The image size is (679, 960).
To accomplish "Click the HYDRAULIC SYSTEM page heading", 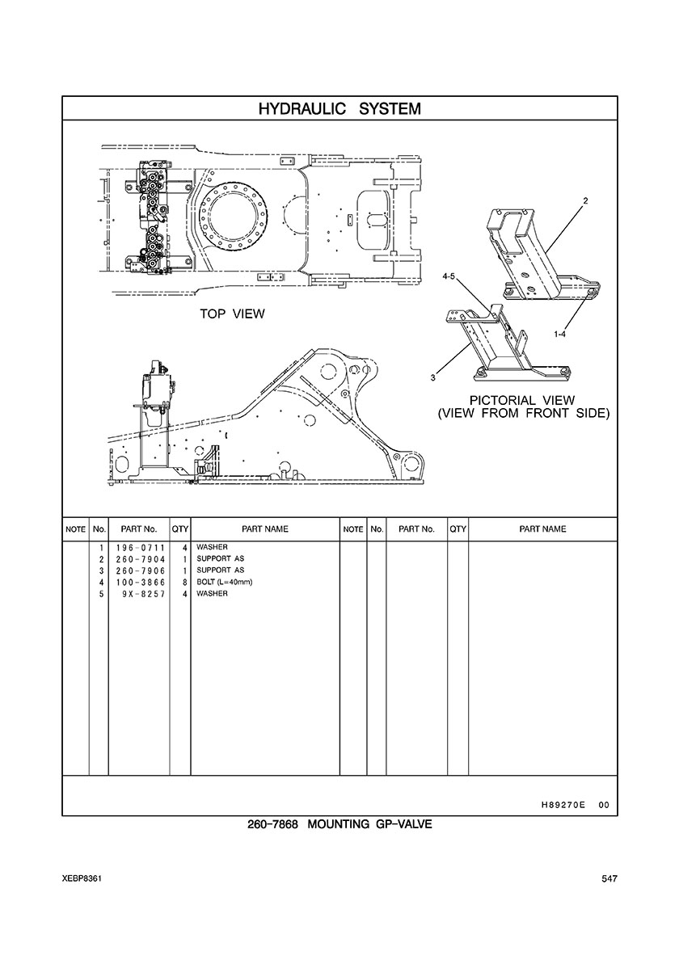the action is click(339, 109).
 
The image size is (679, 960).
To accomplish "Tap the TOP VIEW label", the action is click(232, 314).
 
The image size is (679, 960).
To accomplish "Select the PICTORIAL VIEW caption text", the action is click(522, 401).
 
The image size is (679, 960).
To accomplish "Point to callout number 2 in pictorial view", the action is click(585, 201).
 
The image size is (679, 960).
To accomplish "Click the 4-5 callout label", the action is click(449, 276).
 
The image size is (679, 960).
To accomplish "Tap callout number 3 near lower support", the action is click(433, 377).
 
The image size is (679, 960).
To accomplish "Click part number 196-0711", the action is click(140, 547).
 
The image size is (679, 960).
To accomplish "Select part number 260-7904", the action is click(140, 559).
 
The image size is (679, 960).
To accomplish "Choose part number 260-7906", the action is click(140, 571).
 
